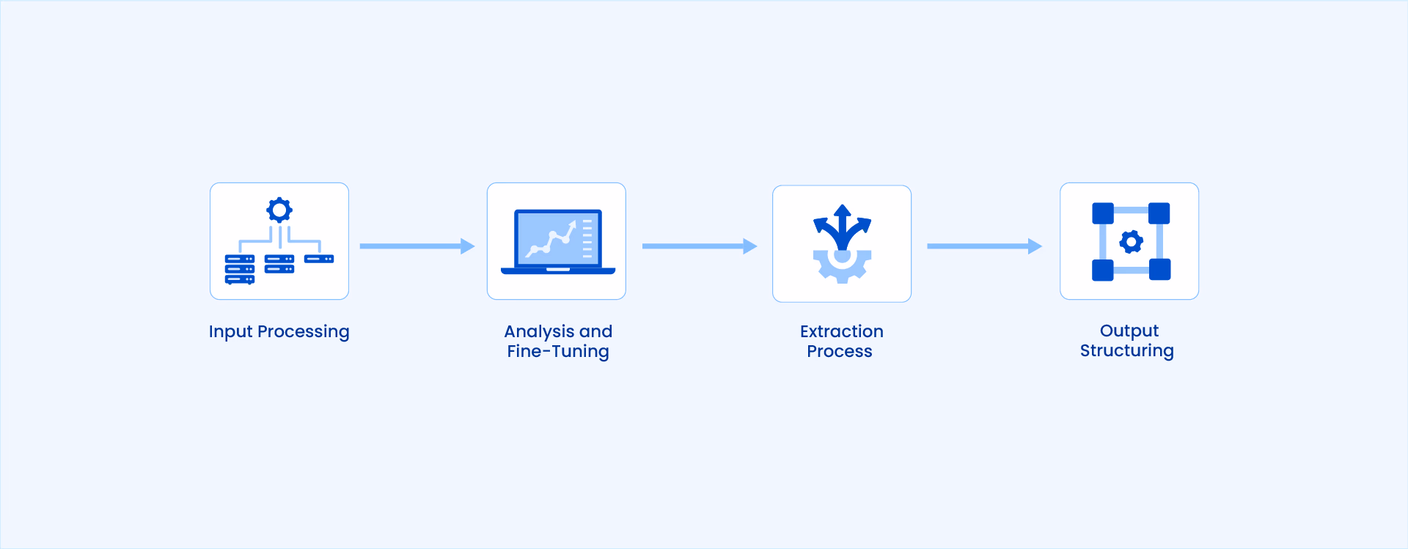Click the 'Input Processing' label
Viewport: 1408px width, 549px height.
[x=279, y=332]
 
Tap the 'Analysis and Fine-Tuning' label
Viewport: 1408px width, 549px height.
[x=558, y=342]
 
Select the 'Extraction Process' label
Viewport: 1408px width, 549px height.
[x=841, y=341]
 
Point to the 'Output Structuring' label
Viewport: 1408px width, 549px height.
[x=1127, y=341]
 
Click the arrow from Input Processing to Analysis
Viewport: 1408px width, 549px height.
[x=417, y=246]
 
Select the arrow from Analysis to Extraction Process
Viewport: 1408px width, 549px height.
[x=700, y=246]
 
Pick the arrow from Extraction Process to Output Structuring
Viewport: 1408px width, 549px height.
[x=985, y=246]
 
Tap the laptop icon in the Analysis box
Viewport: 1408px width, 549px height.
[x=558, y=242]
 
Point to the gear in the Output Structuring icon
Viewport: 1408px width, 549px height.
[x=1131, y=242]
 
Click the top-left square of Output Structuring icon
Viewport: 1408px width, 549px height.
[x=1103, y=213]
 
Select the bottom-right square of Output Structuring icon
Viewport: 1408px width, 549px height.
[x=1159, y=270]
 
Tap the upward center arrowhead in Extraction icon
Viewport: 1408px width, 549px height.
[x=843, y=212]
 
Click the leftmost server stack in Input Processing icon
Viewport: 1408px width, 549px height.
[x=240, y=269]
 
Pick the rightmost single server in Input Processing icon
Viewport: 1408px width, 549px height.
[x=319, y=259]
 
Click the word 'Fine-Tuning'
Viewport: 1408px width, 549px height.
[x=558, y=352]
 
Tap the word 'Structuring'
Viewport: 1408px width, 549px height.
[x=1127, y=351]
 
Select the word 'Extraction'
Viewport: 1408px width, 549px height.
[x=841, y=331]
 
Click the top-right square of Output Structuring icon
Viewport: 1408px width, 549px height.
[x=1159, y=213]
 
